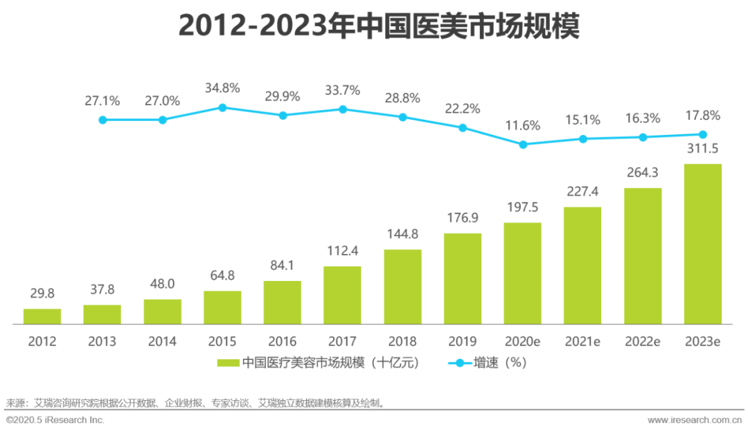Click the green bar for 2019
point(463,278)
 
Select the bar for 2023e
point(703,244)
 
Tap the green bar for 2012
point(42,316)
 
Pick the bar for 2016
point(283,302)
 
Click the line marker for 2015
point(222,107)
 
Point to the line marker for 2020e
point(523,145)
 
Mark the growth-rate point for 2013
point(103,120)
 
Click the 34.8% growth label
point(222,88)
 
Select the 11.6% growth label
point(523,125)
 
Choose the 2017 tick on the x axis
point(342,341)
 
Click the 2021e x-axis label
point(583,341)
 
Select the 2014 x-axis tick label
point(162,341)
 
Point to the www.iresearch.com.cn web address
point(693,420)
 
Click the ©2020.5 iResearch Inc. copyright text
point(55,420)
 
